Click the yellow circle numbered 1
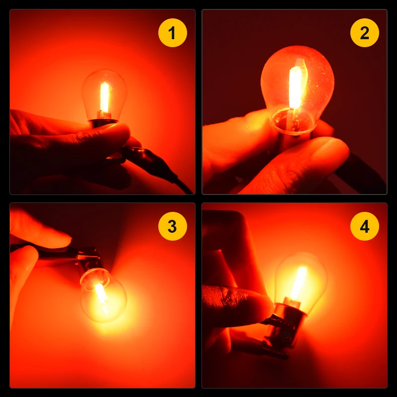click(172, 33)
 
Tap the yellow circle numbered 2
click(364, 33)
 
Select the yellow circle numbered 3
click(172, 226)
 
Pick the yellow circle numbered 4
click(364, 226)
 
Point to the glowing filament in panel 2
click(295, 87)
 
